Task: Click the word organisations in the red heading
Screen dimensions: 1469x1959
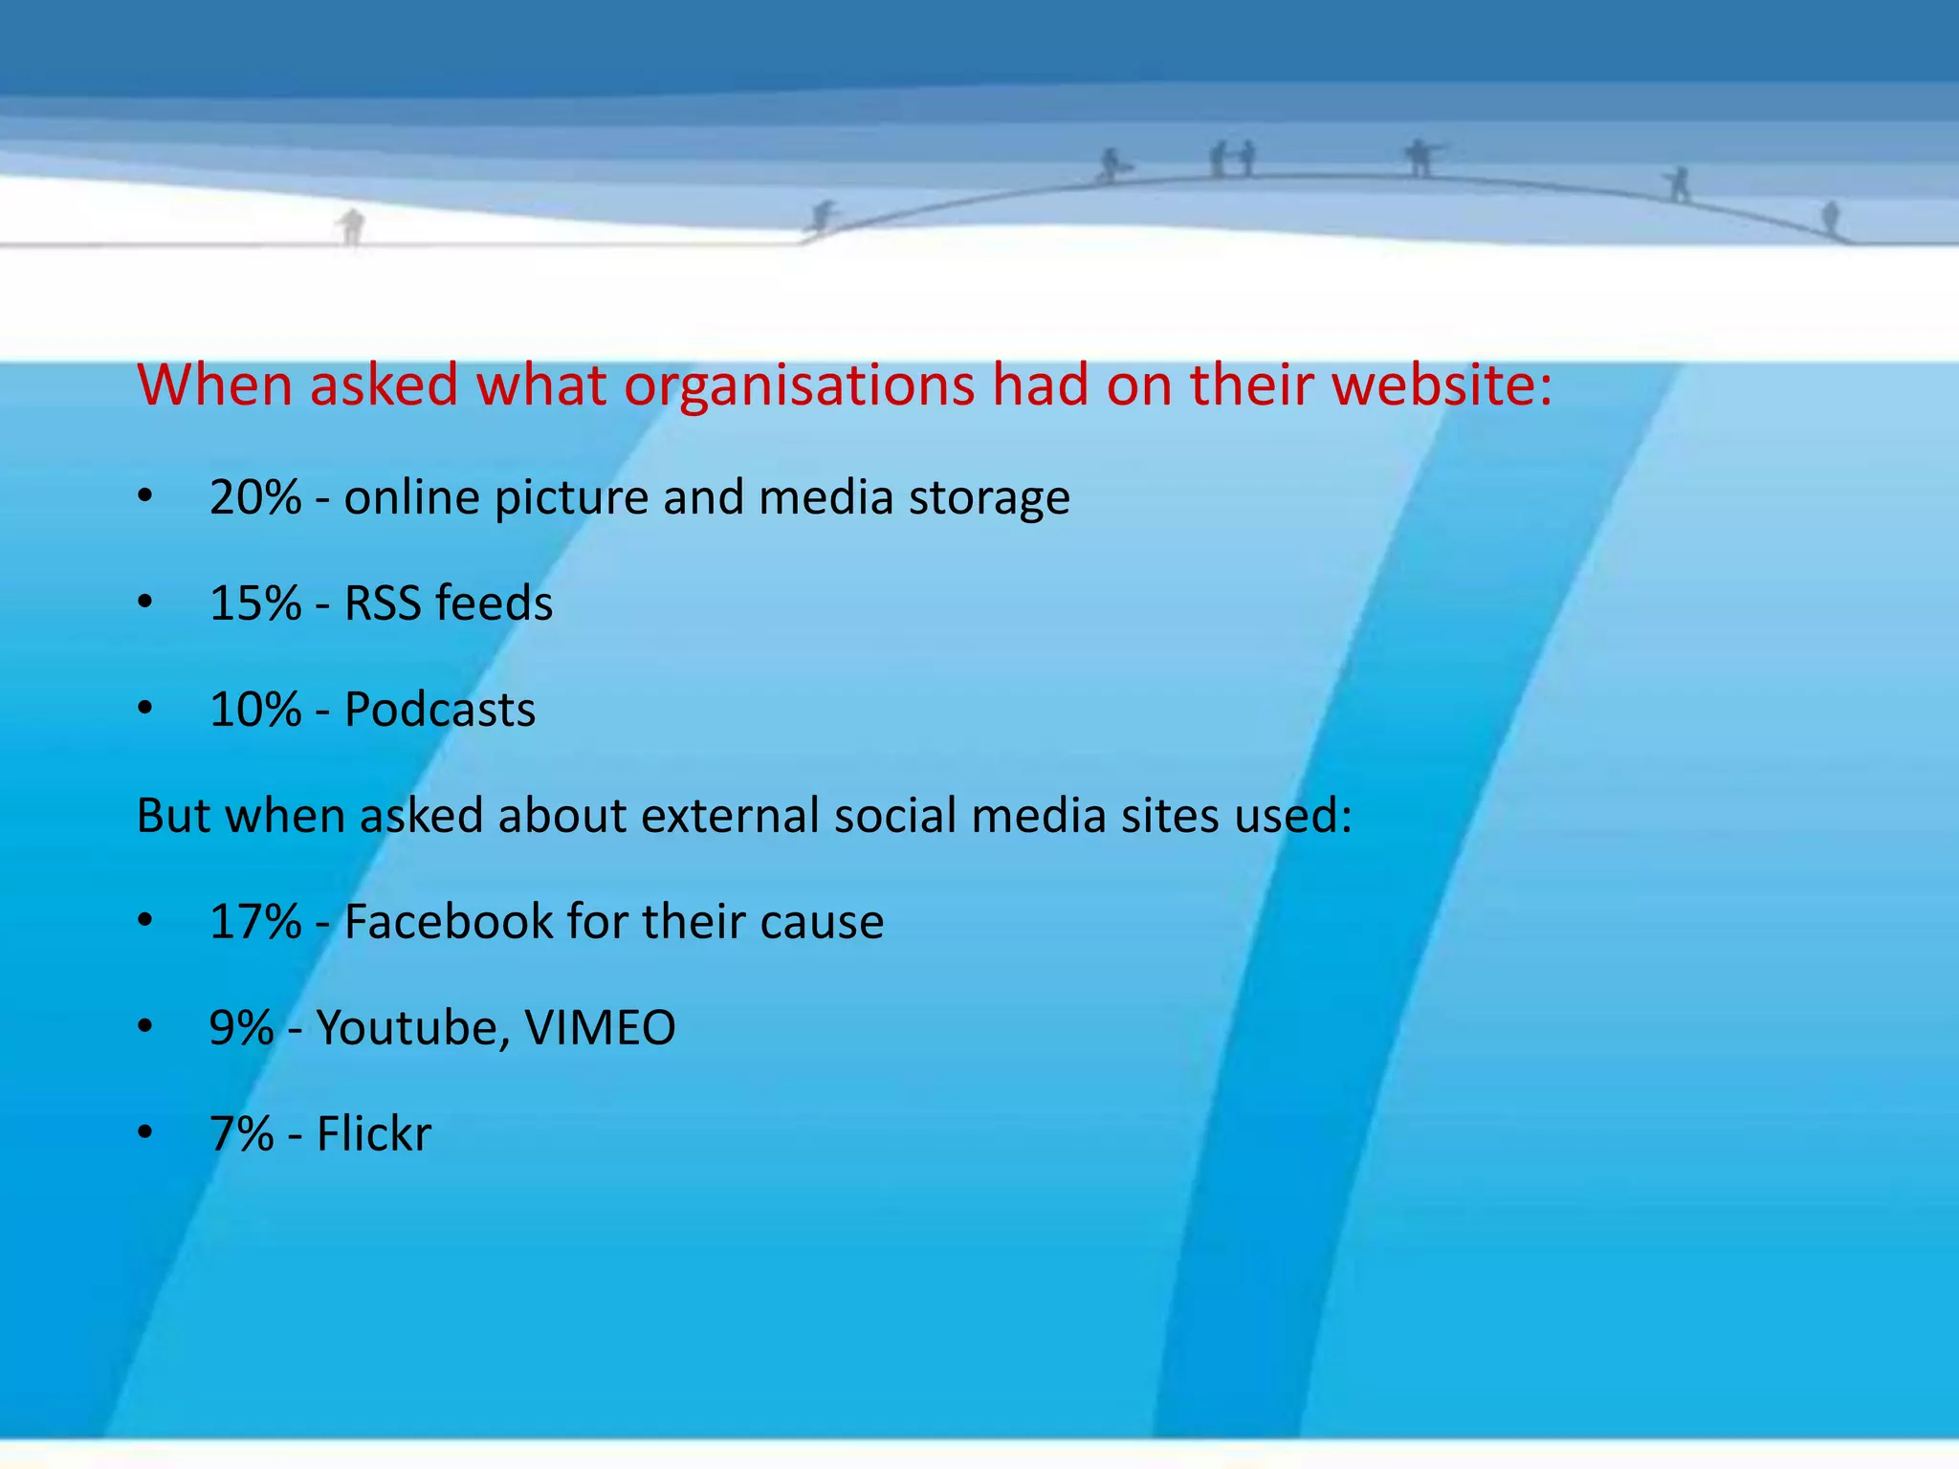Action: (x=800, y=385)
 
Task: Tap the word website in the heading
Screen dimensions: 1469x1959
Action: (x=1442, y=385)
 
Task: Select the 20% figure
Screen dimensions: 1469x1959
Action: (x=255, y=497)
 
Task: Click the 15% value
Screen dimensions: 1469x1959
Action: (x=255, y=603)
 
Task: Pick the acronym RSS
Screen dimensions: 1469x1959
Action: (x=382, y=603)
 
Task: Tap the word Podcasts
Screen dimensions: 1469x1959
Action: (x=439, y=710)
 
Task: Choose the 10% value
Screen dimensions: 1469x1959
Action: (x=255, y=710)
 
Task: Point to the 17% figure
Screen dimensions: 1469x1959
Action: (x=255, y=922)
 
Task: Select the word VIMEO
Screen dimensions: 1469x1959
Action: (x=600, y=1028)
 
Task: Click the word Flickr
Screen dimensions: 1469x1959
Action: (x=374, y=1134)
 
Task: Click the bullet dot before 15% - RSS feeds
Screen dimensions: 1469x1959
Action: (x=144, y=603)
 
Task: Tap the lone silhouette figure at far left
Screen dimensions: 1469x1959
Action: (x=352, y=227)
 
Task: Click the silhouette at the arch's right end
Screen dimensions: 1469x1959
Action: (x=1830, y=218)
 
